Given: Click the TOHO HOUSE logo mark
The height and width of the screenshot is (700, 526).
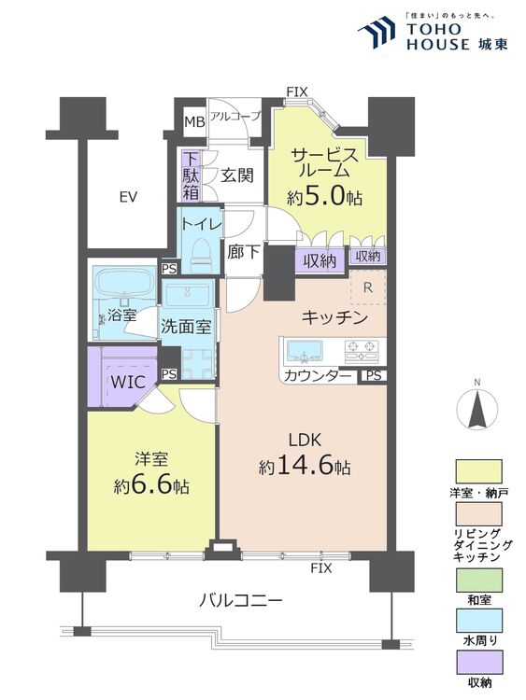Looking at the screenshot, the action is click(x=377, y=31).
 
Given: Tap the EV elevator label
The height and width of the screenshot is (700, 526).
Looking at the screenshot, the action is click(x=128, y=196).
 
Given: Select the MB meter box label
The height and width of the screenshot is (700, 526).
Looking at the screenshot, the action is click(x=195, y=121).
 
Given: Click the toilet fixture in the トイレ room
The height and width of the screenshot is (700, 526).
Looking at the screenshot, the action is click(x=199, y=255).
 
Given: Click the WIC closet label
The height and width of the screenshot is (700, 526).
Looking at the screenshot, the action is click(x=128, y=382).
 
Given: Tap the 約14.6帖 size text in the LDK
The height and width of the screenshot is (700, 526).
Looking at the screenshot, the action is click(x=305, y=467).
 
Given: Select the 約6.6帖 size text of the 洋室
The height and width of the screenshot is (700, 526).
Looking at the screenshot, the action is click(x=151, y=485).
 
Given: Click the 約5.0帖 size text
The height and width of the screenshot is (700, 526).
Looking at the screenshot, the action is click(x=324, y=196).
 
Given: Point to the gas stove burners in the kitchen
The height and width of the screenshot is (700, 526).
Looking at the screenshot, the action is click(x=362, y=350).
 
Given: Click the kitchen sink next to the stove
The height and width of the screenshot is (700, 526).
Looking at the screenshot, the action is click(x=305, y=350).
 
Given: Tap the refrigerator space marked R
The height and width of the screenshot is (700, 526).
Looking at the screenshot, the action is click(x=368, y=287).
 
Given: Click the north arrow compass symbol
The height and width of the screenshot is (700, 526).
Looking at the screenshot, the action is click(x=477, y=407).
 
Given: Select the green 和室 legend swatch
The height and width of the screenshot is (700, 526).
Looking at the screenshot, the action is click(x=478, y=580).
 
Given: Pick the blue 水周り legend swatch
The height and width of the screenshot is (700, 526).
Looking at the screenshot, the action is click(x=478, y=621).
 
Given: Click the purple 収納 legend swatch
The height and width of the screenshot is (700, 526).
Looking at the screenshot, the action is click(x=478, y=662).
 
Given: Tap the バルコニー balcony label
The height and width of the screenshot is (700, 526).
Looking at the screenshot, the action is click(x=240, y=599).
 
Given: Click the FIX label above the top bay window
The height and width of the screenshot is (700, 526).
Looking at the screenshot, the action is click(x=297, y=92).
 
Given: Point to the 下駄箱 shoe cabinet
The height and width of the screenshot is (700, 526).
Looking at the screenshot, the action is click(x=191, y=175).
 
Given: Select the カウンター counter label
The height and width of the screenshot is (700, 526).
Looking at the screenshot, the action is click(x=318, y=376).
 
